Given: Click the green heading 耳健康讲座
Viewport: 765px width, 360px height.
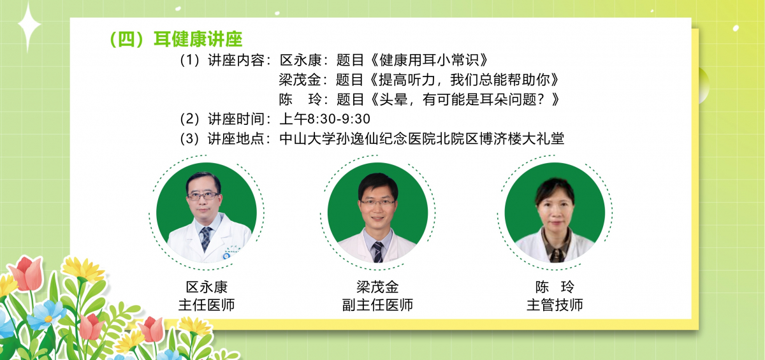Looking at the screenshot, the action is pos(198,39).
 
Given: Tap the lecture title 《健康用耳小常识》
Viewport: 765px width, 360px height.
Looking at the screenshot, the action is pos(430,60).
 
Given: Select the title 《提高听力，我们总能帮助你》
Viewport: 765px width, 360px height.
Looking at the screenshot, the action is pos(465,80).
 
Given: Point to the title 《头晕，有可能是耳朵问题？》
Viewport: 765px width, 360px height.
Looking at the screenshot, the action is pos(465,99).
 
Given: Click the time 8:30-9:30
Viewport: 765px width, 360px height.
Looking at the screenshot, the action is pos(339,119).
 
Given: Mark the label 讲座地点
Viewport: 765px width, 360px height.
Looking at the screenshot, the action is pos(236,139).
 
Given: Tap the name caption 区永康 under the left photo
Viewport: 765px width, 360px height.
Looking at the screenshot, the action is pos(207,287).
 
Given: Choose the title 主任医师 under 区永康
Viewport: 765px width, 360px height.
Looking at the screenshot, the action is pos(207,305).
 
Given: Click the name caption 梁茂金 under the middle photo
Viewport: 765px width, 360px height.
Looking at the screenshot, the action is pos(377,287).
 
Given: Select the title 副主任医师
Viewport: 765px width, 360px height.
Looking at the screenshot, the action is pos(377,305).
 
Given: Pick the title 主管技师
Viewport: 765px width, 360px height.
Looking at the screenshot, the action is pos(555,305).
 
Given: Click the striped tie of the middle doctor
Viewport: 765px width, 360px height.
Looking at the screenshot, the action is pos(377,252).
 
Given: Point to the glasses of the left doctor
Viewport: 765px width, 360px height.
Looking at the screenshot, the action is pos(203,196).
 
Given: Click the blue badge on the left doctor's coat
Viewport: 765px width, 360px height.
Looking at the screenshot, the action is pos(226,256).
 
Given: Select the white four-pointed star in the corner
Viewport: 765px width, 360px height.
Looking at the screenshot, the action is pos(29,26).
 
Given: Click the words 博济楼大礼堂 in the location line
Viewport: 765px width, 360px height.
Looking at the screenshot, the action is pos(522,139).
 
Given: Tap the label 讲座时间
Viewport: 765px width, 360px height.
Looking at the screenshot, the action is pos(236,119).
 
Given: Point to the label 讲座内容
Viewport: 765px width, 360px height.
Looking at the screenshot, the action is pos(236,60).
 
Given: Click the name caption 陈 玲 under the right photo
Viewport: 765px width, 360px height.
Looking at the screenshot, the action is pos(555,287).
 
